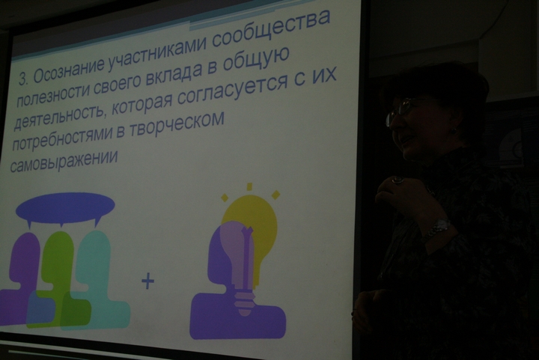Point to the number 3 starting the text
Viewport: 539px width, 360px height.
[22, 79]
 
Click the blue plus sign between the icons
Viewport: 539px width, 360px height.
[147, 281]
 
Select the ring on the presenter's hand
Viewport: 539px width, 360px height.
[398, 180]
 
